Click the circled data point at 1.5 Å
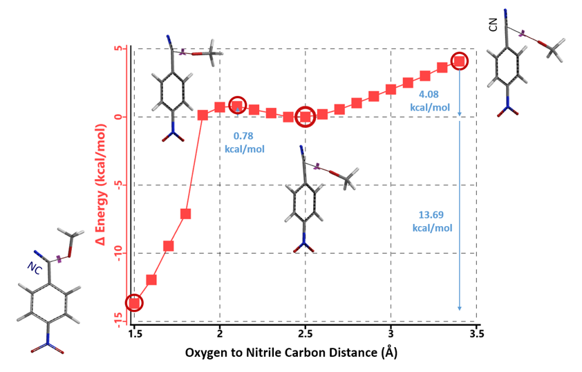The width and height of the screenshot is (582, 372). pos(134,302)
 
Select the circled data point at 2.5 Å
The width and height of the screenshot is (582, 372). pos(306,117)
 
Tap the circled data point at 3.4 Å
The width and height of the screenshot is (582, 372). pos(460,62)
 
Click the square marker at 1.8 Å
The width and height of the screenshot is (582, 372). pos(185,214)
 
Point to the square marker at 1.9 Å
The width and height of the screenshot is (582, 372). pos(203,115)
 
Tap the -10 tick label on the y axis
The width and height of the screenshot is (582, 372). pos(118,253)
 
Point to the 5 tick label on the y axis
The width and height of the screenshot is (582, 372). pos(120,49)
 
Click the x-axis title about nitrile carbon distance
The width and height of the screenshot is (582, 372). pos(291,353)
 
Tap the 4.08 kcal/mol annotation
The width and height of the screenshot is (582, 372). pos(434,101)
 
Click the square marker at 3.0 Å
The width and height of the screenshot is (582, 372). pos(391,89)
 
